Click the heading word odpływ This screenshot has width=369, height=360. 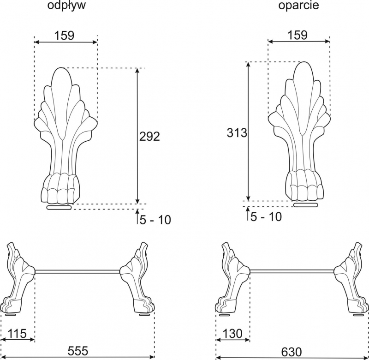click(x=66, y=5)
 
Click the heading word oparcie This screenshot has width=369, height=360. click(x=298, y=5)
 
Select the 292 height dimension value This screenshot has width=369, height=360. click(x=149, y=136)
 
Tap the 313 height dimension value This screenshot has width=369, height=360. click(x=237, y=132)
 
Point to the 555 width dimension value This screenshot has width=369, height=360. click(x=78, y=351)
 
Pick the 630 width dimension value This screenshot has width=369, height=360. click(x=292, y=352)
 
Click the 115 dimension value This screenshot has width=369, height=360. click(x=17, y=333)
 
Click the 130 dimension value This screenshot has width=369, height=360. click(x=232, y=333)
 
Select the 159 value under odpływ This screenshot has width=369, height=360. click(x=64, y=36)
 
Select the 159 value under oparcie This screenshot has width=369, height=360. click(x=298, y=35)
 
